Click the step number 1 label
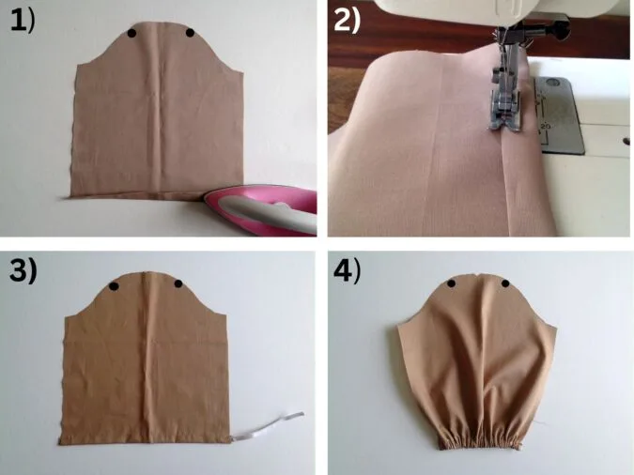23,21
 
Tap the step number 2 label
347,21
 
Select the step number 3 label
23,270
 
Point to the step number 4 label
347,270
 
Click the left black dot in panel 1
131,33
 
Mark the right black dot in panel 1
190,33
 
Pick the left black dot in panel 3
114,286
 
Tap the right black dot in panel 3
178,283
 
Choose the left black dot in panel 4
451,284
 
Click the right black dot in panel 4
505,283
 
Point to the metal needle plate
560,116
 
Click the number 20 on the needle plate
546,127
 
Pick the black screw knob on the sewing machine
560,29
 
